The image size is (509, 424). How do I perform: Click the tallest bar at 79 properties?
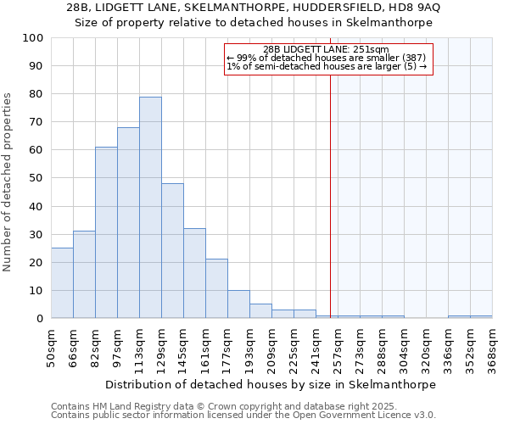pyautogui.click(x=150, y=208)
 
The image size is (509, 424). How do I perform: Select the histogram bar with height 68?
pyautogui.click(x=128, y=223)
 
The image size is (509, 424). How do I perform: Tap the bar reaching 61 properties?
pyautogui.click(x=106, y=232)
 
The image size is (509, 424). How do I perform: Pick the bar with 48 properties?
pyautogui.click(x=172, y=251)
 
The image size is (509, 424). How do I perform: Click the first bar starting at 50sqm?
pyautogui.click(x=62, y=283)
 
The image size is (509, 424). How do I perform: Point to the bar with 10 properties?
pyautogui.click(x=238, y=304)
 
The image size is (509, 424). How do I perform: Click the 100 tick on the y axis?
pyautogui.click(x=34, y=38)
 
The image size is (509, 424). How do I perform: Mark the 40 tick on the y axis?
pyautogui.click(x=37, y=206)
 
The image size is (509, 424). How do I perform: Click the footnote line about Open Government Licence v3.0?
pyautogui.click(x=243, y=415)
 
